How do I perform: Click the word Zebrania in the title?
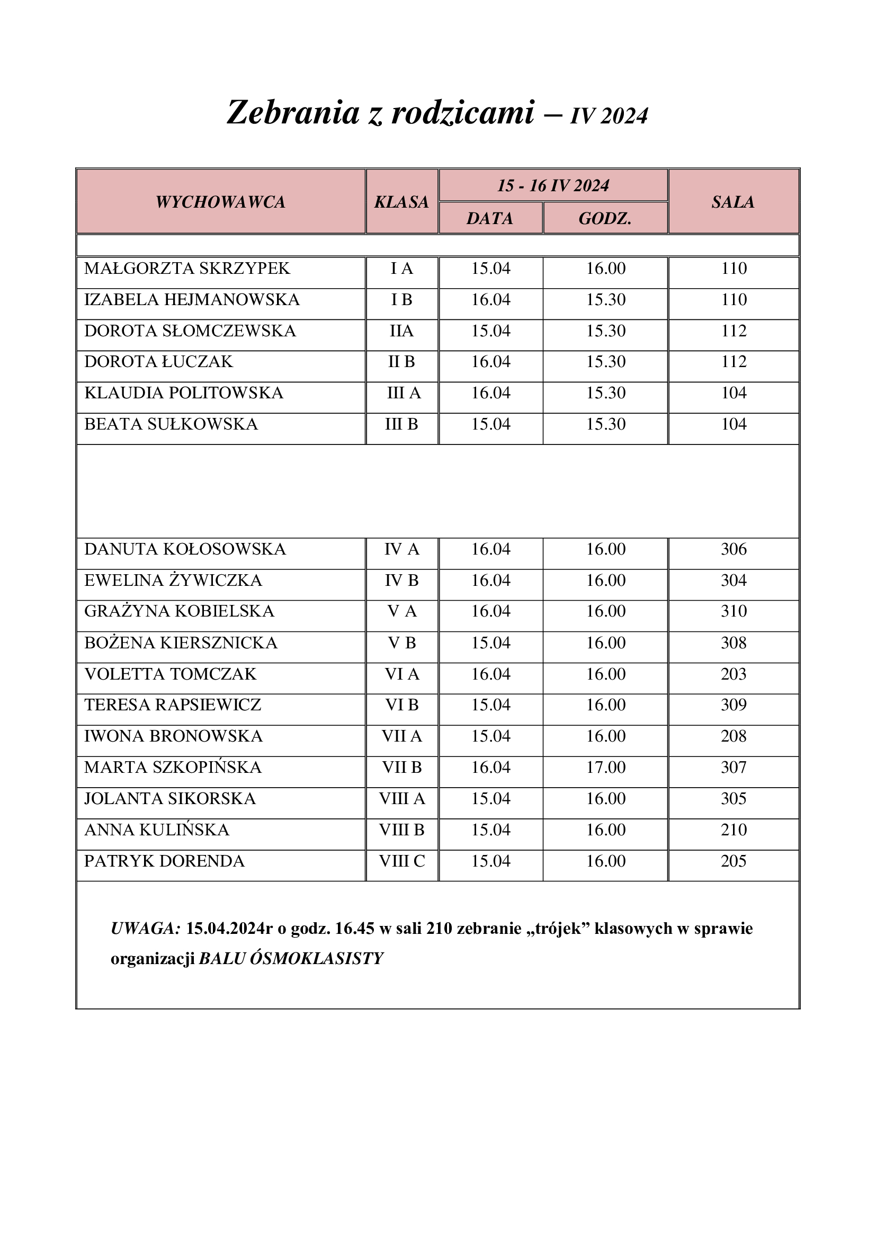pyautogui.click(x=293, y=113)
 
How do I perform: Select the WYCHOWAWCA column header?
pyautogui.click(x=220, y=202)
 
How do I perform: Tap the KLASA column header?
pyautogui.click(x=401, y=202)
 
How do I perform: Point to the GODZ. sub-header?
pyautogui.click(x=605, y=219)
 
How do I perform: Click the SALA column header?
pyautogui.click(x=732, y=202)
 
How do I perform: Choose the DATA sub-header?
pyautogui.click(x=490, y=219)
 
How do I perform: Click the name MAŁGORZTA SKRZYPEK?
pyautogui.click(x=186, y=268)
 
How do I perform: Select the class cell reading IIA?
pyautogui.click(x=401, y=331)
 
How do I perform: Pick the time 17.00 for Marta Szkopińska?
pyautogui.click(x=606, y=768)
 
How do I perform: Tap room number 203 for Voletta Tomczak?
pyautogui.click(x=734, y=674)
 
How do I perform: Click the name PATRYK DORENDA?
pyautogui.click(x=164, y=861)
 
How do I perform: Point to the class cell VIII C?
pyautogui.click(x=402, y=861)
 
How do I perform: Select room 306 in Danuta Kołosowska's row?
pyautogui.click(x=734, y=549)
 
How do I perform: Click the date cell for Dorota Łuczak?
pyautogui.click(x=490, y=362)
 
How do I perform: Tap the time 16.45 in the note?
pyautogui.click(x=354, y=929)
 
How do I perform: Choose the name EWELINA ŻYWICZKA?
pyautogui.click(x=173, y=581)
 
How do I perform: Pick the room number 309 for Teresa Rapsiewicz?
pyautogui.click(x=734, y=705)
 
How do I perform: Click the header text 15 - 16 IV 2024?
pyautogui.click(x=553, y=185)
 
